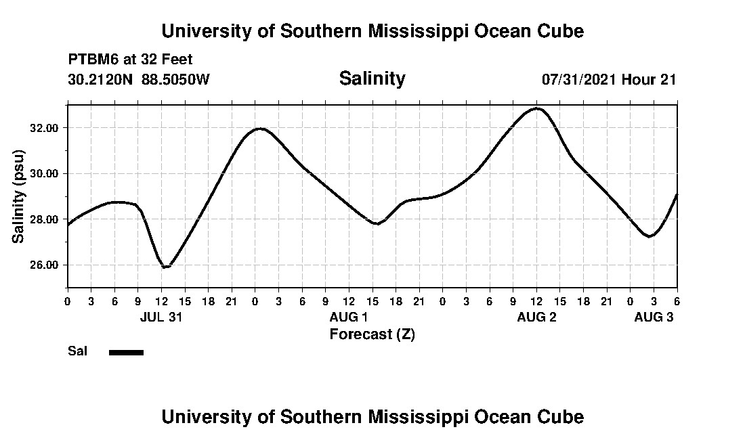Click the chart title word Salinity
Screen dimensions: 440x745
[x=372, y=79]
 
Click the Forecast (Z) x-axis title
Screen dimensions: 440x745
[x=372, y=334]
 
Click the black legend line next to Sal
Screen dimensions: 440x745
[x=126, y=352]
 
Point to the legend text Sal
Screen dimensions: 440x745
[x=77, y=351]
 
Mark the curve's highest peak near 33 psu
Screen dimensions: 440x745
[x=537, y=108]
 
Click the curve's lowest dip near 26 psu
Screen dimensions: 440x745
[x=165, y=267]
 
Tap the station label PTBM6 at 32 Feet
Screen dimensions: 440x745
[x=130, y=60]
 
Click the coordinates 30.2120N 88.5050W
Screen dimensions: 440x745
[x=139, y=79]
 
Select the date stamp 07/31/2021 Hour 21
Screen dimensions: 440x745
[x=609, y=79]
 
